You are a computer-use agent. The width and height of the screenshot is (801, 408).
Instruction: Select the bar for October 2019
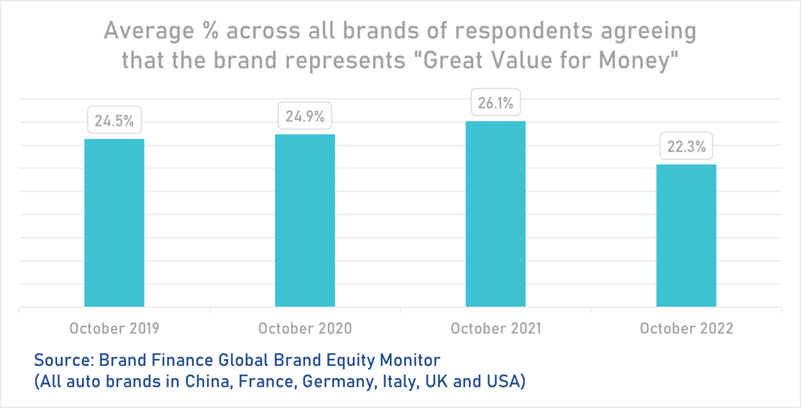click(x=114, y=223)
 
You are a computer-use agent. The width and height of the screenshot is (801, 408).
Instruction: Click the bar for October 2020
click(x=305, y=220)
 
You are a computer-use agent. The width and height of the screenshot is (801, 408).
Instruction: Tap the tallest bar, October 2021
click(x=495, y=214)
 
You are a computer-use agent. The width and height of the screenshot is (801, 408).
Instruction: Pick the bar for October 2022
click(x=686, y=235)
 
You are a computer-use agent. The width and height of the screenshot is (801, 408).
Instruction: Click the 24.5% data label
click(x=114, y=121)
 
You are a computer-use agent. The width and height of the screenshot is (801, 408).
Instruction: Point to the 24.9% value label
click(x=305, y=117)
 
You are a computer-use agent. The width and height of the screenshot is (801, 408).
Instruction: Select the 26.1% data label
click(x=495, y=103)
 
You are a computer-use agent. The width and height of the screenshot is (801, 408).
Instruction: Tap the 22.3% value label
click(x=686, y=148)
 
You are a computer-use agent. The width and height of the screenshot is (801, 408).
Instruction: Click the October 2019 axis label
click(x=114, y=329)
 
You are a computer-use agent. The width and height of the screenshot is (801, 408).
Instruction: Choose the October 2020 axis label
click(x=305, y=329)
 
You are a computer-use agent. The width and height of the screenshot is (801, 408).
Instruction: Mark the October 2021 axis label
click(x=495, y=329)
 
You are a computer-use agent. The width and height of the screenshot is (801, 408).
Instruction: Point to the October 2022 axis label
click(x=686, y=329)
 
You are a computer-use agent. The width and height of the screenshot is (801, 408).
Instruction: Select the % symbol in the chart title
click(x=216, y=31)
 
